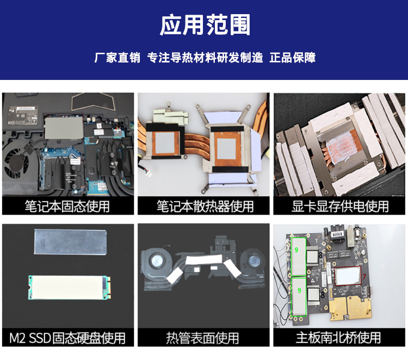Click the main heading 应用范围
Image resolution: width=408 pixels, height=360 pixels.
pyautogui.click(x=205, y=25)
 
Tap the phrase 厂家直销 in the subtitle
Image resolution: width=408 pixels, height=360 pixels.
pyautogui.click(x=117, y=58)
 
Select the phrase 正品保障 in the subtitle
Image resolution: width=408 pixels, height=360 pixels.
pyautogui.click(x=293, y=58)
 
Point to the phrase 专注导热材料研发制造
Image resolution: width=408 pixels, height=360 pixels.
pyautogui.click(x=205, y=58)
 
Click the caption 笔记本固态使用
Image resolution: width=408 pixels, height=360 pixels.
pyautogui.click(x=67, y=206)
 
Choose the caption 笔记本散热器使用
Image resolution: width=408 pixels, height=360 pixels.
pyautogui.click(x=205, y=206)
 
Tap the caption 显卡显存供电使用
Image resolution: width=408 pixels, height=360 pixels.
pyautogui.click(x=340, y=206)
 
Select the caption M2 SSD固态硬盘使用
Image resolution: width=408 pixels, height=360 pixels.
pyautogui.click(x=67, y=338)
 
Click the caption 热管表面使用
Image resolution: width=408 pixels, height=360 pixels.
pyautogui.click(x=202, y=338)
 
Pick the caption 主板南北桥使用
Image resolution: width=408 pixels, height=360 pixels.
pyautogui.click(x=338, y=338)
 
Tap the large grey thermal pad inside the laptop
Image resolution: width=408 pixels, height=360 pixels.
pyautogui.click(x=64, y=128)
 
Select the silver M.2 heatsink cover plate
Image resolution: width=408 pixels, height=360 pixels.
pyautogui.click(x=70, y=241)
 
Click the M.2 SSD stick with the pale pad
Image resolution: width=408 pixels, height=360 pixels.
pyautogui.click(x=69, y=288)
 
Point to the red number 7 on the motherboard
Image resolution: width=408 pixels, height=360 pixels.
pyautogui.click(x=364, y=276)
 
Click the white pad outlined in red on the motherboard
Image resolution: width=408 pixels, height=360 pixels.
pyautogui.click(x=348, y=276)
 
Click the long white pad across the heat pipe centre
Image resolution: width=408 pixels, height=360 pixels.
pyautogui.click(x=204, y=259)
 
